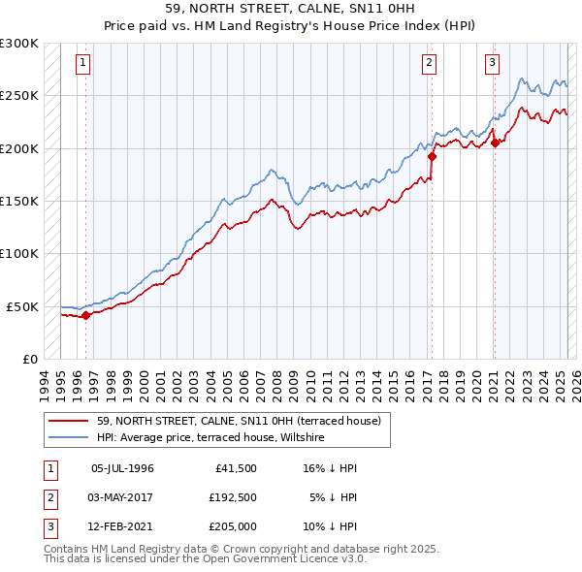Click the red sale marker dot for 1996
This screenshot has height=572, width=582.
(85, 314)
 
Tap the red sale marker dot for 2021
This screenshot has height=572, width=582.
(495, 143)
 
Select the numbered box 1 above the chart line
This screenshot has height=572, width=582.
(83, 64)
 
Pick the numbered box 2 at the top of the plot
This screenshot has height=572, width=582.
(429, 64)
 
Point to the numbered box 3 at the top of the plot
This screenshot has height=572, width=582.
(492, 64)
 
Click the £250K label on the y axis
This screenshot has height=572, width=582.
(19, 96)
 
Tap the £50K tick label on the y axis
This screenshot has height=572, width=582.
(23, 306)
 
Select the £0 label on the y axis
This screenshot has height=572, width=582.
(29, 359)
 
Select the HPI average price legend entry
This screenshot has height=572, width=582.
(210, 437)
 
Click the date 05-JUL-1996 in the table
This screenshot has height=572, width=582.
(122, 468)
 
